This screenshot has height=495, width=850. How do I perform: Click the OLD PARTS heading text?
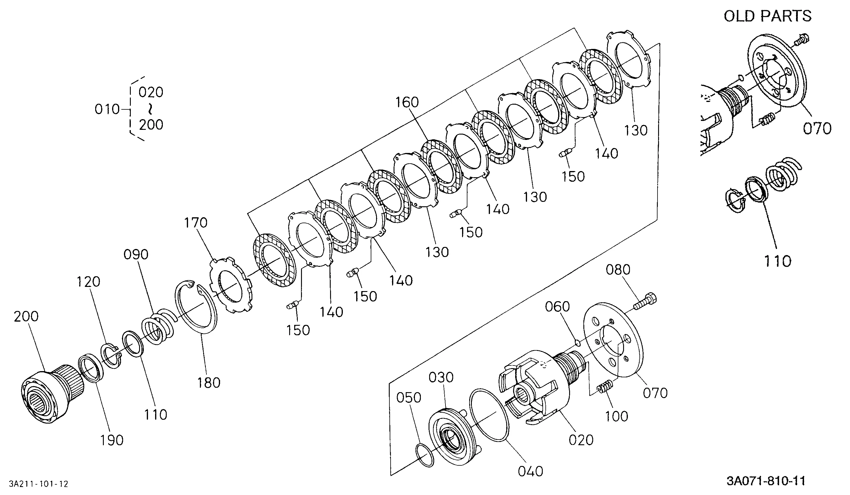point(767,16)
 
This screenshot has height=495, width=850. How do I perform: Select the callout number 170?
point(196,223)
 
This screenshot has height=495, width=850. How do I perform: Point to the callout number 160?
point(407,102)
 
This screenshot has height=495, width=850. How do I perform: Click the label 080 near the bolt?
point(618,270)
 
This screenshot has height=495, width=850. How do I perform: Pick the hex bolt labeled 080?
point(645,301)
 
